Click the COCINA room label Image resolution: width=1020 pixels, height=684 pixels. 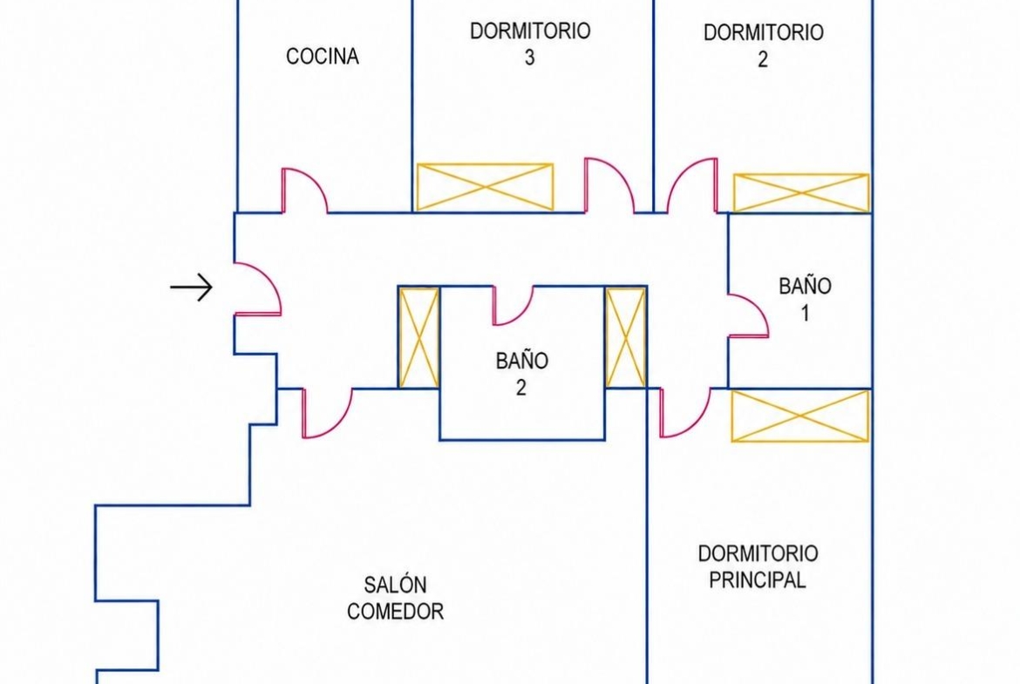(x=323, y=57)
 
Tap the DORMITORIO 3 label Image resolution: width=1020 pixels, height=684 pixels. (x=530, y=44)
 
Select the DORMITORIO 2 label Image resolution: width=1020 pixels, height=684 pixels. (x=763, y=44)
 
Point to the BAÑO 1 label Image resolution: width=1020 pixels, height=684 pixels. (x=805, y=299)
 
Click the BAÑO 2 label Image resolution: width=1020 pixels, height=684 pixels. (x=521, y=374)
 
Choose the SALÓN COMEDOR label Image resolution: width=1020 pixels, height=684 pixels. (x=396, y=599)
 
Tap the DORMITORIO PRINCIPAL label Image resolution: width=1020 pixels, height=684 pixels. (x=758, y=566)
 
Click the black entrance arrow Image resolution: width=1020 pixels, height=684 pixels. (x=191, y=287)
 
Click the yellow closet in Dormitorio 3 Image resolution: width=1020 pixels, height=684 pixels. (x=485, y=187)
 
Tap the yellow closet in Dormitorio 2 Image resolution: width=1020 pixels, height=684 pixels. (x=801, y=193)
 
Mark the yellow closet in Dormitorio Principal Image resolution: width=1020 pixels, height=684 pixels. (x=800, y=416)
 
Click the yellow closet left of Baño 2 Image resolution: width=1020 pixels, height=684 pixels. (x=419, y=338)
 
